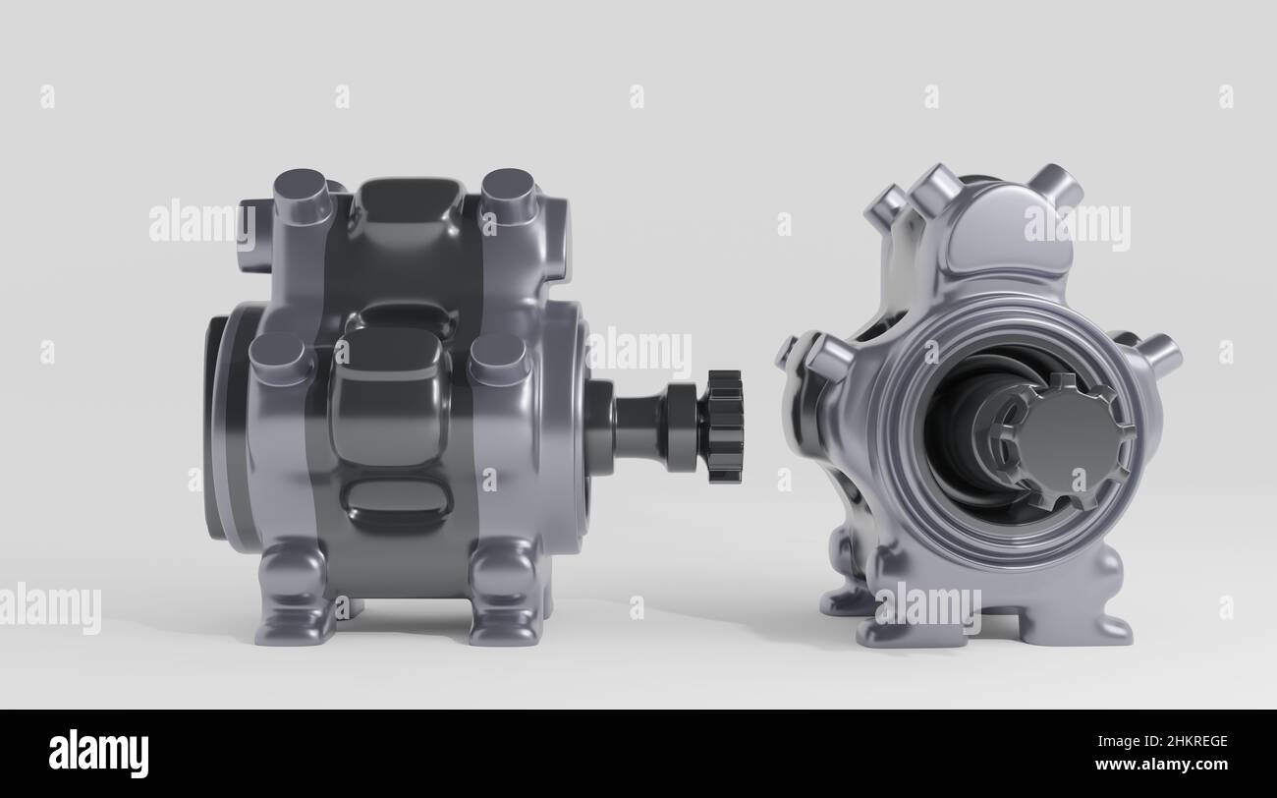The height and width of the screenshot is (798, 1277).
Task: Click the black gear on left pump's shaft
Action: [x=723, y=427]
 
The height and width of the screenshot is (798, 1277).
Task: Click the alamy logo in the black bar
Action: [x=98, y=754]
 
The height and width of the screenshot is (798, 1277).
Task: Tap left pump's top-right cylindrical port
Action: [x=508, y=195]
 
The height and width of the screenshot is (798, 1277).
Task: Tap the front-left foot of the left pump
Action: [x=292, y=599]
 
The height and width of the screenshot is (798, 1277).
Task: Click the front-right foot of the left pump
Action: [x=503, y=599]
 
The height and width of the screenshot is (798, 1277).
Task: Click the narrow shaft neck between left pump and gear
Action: [x=639, y=425]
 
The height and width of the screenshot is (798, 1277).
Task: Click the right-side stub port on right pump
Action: [x=1160, y=351]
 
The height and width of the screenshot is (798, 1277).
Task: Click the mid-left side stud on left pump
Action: [x=279, y=358]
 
